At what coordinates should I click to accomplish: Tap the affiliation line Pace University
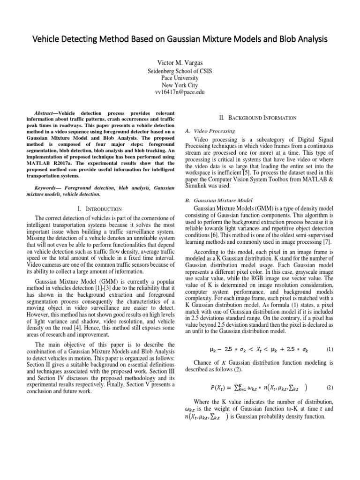pyautogui.click(x=180, y=78)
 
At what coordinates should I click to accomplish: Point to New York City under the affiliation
pyautogui.click(x=180, y=85)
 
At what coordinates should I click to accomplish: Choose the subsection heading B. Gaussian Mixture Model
pyautogui.click(x=216, y=200)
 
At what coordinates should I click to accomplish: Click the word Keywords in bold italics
pyautogui.click(x=48, y=187)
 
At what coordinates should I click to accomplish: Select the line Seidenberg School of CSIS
pyautogui.click(x=180, y=71)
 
